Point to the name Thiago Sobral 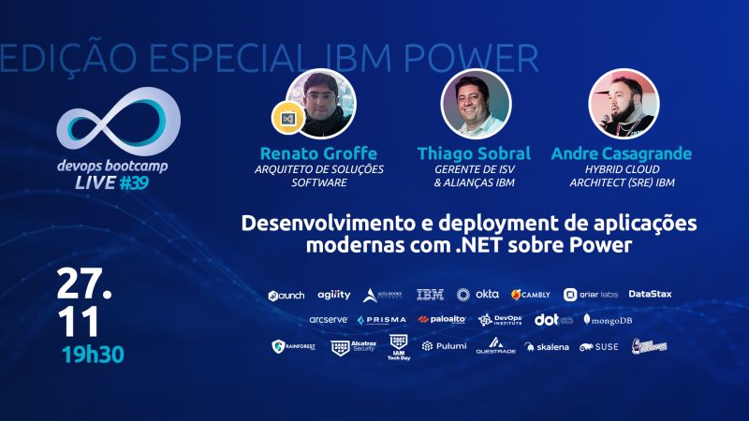tap(475, 152)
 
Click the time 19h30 tap(93, 356)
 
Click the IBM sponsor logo tap(430, 295)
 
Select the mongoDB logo tap(609, 320)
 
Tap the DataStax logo tap(650, 295)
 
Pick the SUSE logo tap(599, 346)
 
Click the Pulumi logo tap(440, 346)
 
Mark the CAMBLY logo tap(531, 295)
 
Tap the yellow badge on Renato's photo tap(284, 120)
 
